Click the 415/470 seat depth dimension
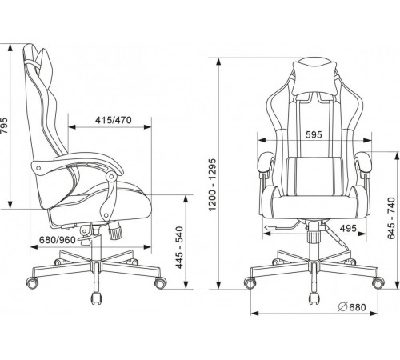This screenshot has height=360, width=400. point(114,120)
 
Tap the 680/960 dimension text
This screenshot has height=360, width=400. point(58,240)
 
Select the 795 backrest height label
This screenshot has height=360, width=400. point(5,126)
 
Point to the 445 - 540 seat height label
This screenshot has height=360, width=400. point(179,247)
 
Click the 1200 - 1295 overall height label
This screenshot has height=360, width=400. point(213,185)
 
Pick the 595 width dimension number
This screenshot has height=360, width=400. point(314,135)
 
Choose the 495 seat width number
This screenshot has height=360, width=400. point(348,228)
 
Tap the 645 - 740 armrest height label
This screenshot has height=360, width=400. point(391,218)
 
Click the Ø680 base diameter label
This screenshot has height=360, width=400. point(352,307)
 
